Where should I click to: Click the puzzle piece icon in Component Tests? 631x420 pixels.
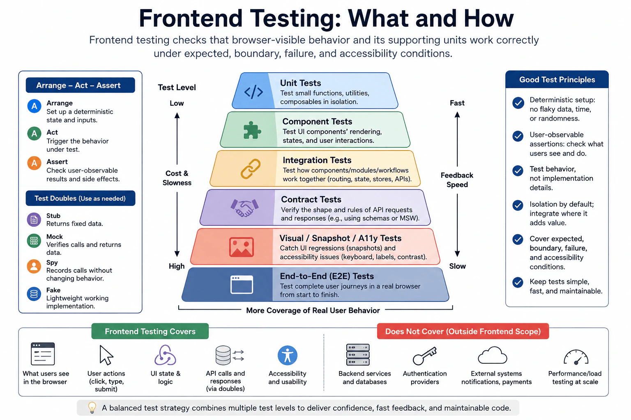[x=252, y=130]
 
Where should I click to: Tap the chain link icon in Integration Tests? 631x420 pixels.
[x=251, y=169]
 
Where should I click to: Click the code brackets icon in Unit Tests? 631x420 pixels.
[x=253, y=92]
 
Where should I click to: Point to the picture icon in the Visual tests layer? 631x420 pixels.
[x=242, y=247]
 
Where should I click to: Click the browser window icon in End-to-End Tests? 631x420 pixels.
[x=242, y=284]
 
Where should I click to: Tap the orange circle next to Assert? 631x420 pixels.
[x=34, y=163]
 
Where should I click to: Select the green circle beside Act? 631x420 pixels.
[x=34, y=134]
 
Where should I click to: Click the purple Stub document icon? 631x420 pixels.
[x=34, y=219]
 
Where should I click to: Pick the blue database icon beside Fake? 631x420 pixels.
[x=34, y=294]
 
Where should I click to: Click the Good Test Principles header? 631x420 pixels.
[x=557, y=80]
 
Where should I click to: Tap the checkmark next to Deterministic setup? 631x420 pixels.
[x=518, y=103]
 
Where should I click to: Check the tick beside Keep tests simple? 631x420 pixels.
[x=518, y=282]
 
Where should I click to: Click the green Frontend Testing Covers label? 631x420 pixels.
[x=150, y=331]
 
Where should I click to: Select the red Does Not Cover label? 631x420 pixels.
[x=463, y=331]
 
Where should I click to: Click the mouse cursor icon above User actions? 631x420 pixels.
[x=106, y=355]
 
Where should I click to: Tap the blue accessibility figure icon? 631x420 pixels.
[x=287, y=355]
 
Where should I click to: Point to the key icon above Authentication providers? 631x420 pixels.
[x=424, y=356]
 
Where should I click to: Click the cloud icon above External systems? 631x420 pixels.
[x=493, y=355]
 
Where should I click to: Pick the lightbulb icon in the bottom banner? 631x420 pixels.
[x=92, y=408]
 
